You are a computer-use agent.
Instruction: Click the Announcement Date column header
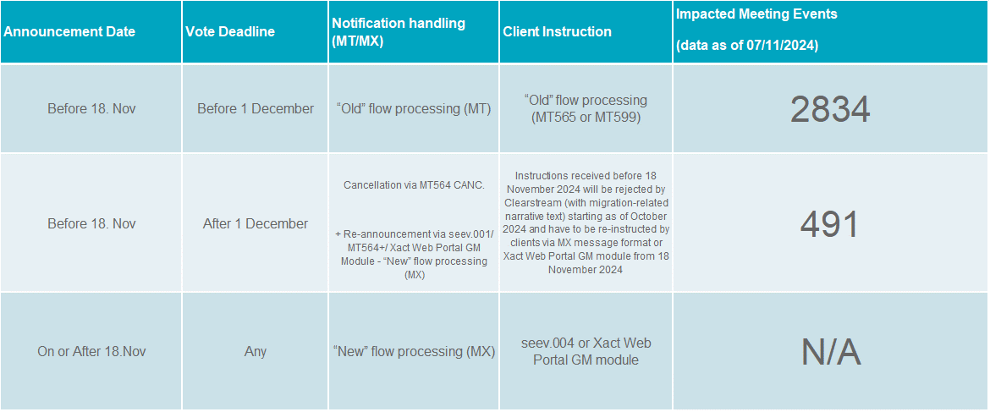click(x=69, y=31)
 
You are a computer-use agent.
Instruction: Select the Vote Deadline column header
click(x=230, y=31)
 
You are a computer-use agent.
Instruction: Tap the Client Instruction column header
click(x=557, y=31)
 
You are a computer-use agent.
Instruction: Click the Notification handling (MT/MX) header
click(x=399, y=31)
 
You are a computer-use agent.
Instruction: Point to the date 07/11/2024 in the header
click(x=783, y=47)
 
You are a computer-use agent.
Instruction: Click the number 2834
click(x=829, y=110)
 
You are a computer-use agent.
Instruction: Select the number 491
click(x=829, y=224)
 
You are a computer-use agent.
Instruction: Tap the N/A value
click(x=831, y=351)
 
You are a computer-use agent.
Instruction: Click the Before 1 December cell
click(x=255, y=108)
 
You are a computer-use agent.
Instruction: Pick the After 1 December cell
click(x=255, y=223)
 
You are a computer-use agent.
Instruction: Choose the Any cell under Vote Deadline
click(x=255, y=351)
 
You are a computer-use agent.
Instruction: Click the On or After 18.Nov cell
click(x=91, y=351)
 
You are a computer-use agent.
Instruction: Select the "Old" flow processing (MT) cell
click(x=414, y=108)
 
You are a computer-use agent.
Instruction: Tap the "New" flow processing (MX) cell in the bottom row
click(x=414, y=351)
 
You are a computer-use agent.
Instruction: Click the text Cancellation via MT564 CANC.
click(x=414, y=185)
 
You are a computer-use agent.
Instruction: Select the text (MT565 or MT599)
click(x=586, y=117)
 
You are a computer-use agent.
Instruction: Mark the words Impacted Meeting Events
click(x=756, y=14)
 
